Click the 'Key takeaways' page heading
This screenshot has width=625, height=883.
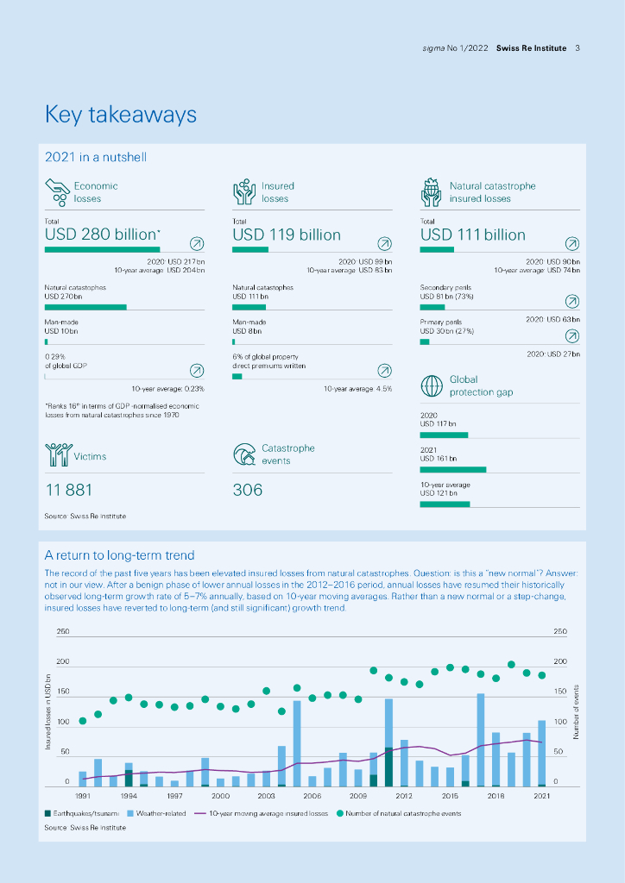(x=121, y=115)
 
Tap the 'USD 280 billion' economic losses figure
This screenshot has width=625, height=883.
(x=102, y=235)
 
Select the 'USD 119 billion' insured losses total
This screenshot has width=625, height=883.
(x=287, y=235)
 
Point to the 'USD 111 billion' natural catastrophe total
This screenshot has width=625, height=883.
(x=472, y=235)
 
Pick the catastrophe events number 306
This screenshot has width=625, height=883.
(x=248, y=490)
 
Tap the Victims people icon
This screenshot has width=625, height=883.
(x=57, y=454)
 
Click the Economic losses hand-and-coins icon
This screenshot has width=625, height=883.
(x=57, y=191)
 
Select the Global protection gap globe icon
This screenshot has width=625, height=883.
(x=432, y=385)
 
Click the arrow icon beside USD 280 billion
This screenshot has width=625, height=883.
(x=197, y=243)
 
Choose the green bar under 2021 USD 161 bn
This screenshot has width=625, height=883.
(x=452, y=470)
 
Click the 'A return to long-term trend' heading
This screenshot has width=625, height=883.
(x=119, y=555)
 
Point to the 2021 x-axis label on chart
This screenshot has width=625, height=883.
(x=541, y=796)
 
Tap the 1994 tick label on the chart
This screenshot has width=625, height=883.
(x=129, y=796)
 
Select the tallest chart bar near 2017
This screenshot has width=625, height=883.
(x=481, y=739)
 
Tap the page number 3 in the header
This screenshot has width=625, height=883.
(x=577, y=48)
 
